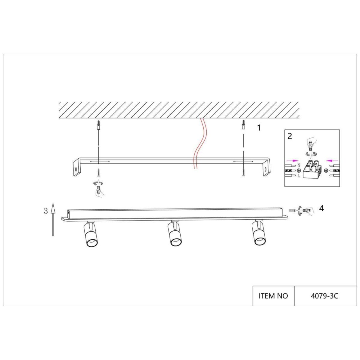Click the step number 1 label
tap(259, 128)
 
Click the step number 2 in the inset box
tap(289, 136)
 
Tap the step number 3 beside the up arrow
tap(46, 211)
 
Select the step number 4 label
tap(321, 208)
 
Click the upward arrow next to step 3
tap(53, 219)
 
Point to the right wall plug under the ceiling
tap(243, 125)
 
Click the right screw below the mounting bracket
tap(243, 173)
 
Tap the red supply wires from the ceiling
tap(198, 144)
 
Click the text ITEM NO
tap(273, 296)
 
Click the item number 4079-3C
tap(324, 296)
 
